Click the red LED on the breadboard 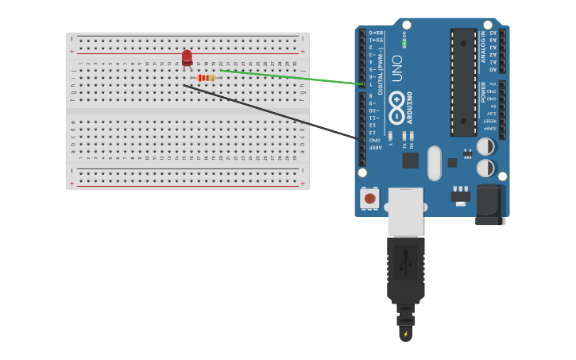pyautogui.click(x=187, y=58)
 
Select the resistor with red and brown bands pyautogui.click(x=207, y=78)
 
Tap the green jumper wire pyautogui.click(x=294, y=78)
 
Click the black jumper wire pyautogui.click(x=270, y=112)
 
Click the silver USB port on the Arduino pyautogui.click(x=405, y=211)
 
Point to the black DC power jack pyautogui.click(x=490, y=205)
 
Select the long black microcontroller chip pyautogui.click(x=463, y=82)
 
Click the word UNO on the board pyautogui.click(x=396, y=68)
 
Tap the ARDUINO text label pyautogui.click(x=410, y=107)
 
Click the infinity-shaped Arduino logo pyautogui.click(x=396, y=105)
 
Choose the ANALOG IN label pyautogui.click(x=483, y=47)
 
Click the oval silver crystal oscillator pyautogui.click(x=434, y=163)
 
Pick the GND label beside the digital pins pyautogui.click(x=373, y=139)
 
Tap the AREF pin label pyautogui.click(x=373, y=147)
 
